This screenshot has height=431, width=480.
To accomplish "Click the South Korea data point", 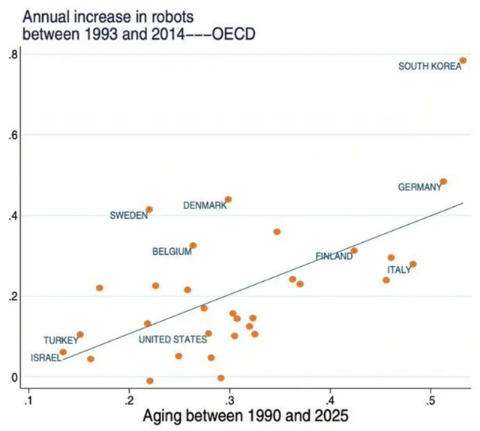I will tap(463, 61).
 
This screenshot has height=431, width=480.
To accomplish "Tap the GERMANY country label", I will tap(419, 187).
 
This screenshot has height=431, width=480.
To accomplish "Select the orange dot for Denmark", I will tap(228, 199).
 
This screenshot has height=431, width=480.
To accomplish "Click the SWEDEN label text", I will tap(128, 215).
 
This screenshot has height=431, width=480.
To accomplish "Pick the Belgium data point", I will tap(193, 245).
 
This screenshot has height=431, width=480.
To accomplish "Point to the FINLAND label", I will tap(333, 256).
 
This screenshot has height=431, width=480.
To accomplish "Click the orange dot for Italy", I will tap(412, 264).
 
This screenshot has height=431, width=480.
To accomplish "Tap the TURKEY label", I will tap(60, 340).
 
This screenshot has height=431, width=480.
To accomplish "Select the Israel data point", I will tap(63, 352).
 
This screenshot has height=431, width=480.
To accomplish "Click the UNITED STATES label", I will tap(172, 340).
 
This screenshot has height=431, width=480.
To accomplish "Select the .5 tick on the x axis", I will tap(430, 397).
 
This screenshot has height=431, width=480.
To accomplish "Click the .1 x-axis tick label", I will tap(28, 397).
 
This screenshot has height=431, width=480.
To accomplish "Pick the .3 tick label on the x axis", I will tap(229, 397).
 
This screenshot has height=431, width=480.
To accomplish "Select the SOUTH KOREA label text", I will tap(429, 67).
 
